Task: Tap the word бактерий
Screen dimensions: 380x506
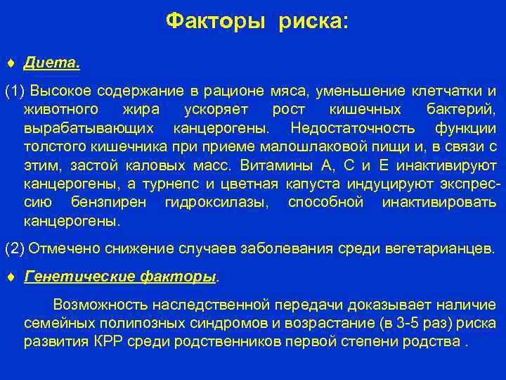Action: coord(460,110)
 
